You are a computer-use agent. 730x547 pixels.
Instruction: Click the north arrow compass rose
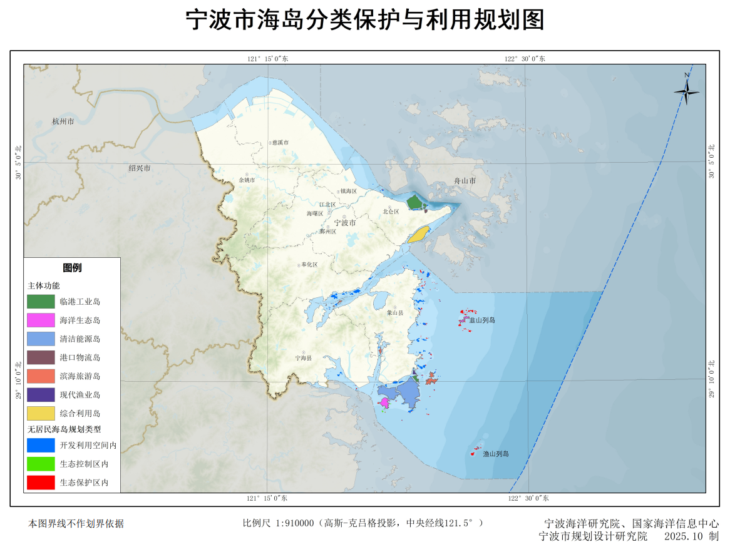click(x=687, y=91)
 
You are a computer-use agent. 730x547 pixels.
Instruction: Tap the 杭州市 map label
click(x=63, y=121)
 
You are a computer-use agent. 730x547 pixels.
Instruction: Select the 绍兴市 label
click(x=139, y=168)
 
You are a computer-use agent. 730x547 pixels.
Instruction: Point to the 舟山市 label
click(x=465, y=181)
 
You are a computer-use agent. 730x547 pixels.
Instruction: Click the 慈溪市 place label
click(x=279, y=143)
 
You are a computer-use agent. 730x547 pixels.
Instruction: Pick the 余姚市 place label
click(x=247, y=180)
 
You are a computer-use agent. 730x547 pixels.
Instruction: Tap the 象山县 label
click(x=395, y=312)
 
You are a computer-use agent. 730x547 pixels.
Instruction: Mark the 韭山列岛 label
click(x=482, y=320)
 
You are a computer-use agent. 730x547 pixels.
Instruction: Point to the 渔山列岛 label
click(x=495, y=454)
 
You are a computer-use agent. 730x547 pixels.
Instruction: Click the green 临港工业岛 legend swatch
click(x=41, y=301)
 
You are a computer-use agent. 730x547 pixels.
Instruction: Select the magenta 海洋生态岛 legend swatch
click(x=41, y=320)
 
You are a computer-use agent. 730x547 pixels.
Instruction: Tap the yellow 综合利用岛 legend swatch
click(x=41, y=413)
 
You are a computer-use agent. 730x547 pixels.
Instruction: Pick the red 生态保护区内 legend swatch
click(x=41, y=483)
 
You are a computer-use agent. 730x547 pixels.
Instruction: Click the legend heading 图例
click(x=72, y=268)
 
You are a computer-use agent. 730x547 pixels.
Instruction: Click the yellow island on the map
click(x=418, y=235)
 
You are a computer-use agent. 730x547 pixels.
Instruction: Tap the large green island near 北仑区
click(x=413, y=202)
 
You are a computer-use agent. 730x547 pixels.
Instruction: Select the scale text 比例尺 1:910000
click(x=277, y=523)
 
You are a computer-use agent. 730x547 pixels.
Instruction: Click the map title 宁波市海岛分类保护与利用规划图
click(x=365, y=20)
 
